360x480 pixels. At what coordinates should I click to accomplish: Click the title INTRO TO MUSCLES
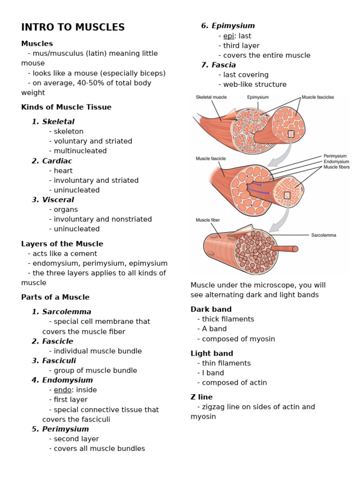[x=73, y=27]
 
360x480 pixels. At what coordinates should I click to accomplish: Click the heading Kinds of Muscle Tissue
[x=66, y=107]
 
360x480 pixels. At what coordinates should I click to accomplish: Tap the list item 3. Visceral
[x=53, y=200]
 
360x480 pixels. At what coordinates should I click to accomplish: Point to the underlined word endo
[x=62, y=390]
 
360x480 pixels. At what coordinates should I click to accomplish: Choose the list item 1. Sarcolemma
[x=61, y=312]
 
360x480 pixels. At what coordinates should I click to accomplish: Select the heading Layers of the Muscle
[x=62, y=244]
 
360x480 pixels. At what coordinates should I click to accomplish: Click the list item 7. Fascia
[x=218, y=65]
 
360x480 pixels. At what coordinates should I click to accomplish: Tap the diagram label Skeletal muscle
[x=211, y=97]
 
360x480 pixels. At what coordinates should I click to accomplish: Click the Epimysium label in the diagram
[x=258, y=97]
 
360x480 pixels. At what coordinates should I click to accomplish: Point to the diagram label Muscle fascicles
[x=318, y=97]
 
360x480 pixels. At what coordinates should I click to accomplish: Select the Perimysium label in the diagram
[x=335, y=156]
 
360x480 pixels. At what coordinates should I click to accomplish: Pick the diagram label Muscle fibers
[x=337, y=167]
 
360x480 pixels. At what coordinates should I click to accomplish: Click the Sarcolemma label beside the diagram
[x=323, y=235]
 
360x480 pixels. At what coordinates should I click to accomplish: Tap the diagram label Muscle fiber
[x=208, y=219]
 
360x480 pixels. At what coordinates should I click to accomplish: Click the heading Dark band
[x=211, y=309]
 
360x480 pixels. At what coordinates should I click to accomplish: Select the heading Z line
[x=202, y=397]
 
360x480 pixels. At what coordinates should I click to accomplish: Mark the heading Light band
[x=211, y=353]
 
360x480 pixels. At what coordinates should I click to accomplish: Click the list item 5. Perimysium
[x=60, y=429]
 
